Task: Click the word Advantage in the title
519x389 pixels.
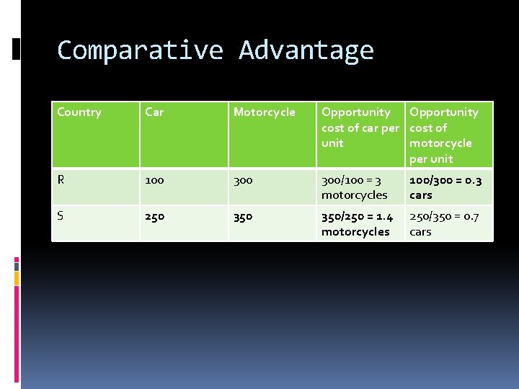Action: click(306, 50)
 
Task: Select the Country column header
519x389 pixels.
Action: click(79, 112)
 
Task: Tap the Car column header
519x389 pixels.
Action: click(154, 112)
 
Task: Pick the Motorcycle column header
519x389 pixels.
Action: click(265, 112)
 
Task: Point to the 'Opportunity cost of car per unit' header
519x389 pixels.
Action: click(359, 128)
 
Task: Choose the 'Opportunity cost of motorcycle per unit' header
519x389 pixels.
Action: click(444, 135)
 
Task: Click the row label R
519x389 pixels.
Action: click(61, 180)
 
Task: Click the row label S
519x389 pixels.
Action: click(61, 216)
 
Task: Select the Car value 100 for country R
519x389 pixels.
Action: click(154, 180)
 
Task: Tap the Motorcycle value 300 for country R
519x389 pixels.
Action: click(243, 180)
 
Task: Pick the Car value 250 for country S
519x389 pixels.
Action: click(154, 216)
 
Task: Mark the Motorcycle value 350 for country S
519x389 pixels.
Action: click(243, 216)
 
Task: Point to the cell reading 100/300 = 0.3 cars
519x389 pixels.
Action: click(445, 187)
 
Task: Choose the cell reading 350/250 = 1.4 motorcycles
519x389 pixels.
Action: click(357, 223)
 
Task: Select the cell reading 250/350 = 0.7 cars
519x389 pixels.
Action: click(444, 223)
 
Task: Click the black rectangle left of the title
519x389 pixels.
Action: click(17, 48)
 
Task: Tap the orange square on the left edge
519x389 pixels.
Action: click(17, 277)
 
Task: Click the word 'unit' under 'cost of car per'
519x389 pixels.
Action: click(332, 143)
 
